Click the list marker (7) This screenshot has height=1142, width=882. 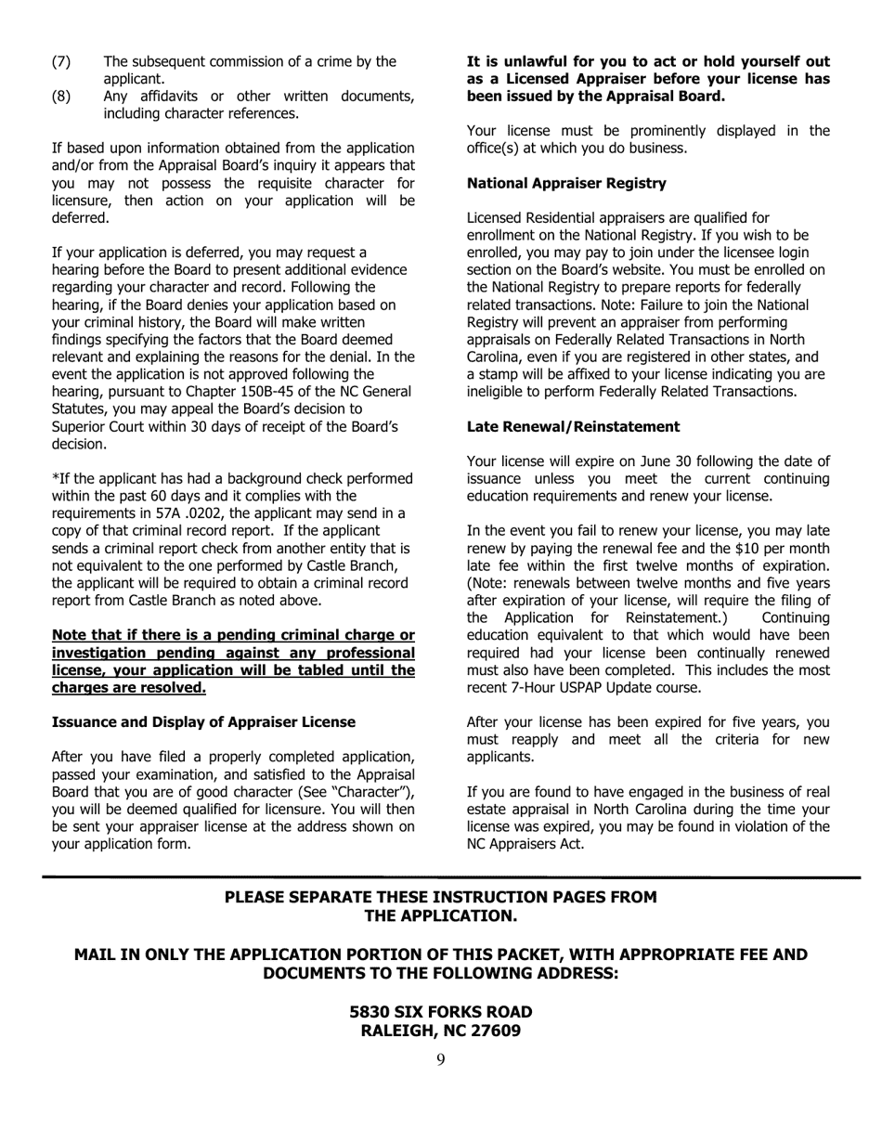click(x=60, y=61)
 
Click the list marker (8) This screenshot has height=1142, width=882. click(x=60, y=97)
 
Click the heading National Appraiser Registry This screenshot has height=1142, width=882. click(x=566, y=183)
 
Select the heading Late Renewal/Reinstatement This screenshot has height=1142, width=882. click(x=573, y=426)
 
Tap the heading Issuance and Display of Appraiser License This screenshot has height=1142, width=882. click(x=203, y=721)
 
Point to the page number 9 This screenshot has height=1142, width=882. click(x=440, y=1060)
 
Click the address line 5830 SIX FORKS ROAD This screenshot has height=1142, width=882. click(x=440, y=1011)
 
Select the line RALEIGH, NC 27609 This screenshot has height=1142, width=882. click(x=440, y=1031)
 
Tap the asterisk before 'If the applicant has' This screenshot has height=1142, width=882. click(x=55, y=479)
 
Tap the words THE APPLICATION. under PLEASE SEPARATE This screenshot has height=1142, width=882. click(x=440, y=915)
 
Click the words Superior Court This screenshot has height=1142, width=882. click(x=102, y=426)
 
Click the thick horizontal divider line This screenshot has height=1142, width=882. click(x=440, y=876)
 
